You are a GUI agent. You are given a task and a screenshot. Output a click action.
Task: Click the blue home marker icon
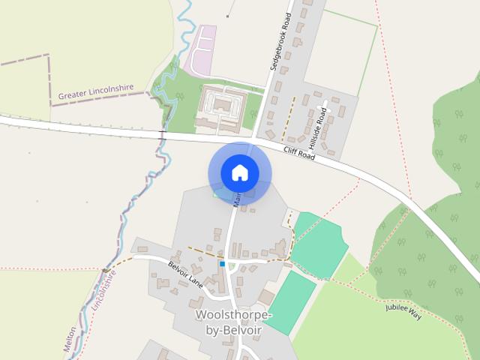(x=239, y=172)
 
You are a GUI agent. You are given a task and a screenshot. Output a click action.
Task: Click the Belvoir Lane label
(x=185, y=275)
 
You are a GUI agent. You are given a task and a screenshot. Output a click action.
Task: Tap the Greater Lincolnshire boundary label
(x=96, y=92)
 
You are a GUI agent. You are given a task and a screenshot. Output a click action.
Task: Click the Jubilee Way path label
(x=403, y=311)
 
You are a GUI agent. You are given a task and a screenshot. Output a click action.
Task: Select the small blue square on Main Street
(x=222, y=264)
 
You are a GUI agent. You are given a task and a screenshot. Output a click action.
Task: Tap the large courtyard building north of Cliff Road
(x=222, y=108)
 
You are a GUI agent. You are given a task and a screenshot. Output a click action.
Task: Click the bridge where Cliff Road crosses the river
(x=162, y=133)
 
